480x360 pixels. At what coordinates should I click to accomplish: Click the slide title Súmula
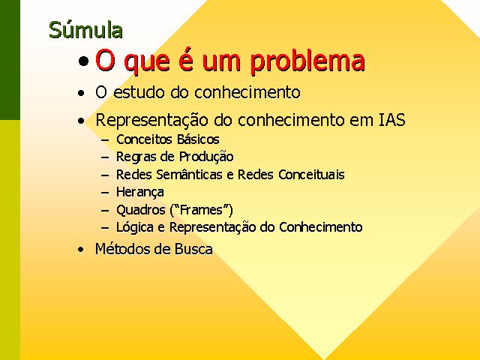click(85, 30)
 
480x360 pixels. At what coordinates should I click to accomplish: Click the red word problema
click(307, 61)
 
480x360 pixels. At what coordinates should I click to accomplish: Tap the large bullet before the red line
click(83, 61)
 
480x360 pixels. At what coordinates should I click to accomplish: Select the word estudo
click(139, 92)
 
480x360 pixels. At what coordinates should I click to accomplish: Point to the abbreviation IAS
click(392, 119)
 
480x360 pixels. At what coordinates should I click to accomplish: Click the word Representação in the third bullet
click(151, 120)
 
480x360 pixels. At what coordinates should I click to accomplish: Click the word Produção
click(206, 157)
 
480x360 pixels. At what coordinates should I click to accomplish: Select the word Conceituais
click(312, 175)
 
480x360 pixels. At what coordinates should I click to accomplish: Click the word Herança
click(140, 193)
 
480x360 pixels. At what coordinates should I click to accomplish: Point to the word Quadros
click(141, 210)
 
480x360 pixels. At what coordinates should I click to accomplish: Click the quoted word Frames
click(201, 210)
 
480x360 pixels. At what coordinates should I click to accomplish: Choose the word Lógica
click(135, 227)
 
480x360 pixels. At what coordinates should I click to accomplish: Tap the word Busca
click(193, 248)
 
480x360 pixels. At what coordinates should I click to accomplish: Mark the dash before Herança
click(105, 193)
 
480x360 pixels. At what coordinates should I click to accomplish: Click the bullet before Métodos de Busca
click(80, 250)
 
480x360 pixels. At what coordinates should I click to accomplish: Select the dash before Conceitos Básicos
click(105, 140)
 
